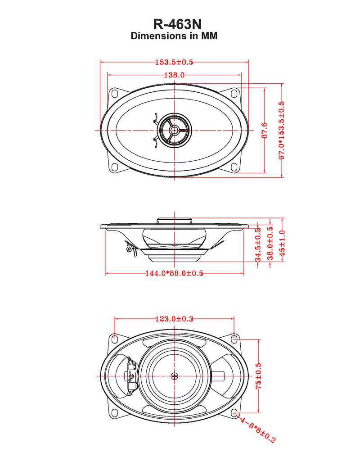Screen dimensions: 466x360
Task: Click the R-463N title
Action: [x=174, y=24]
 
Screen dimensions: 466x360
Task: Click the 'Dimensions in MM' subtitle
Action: [x=174, y=36]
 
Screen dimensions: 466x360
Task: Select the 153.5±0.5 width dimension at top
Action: [x=174, y=63]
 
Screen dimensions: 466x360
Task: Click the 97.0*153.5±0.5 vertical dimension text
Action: [x=282, y=130]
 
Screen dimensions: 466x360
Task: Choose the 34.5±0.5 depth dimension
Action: [x=258, y=245]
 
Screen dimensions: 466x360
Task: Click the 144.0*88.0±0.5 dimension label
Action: [x=174, y=273]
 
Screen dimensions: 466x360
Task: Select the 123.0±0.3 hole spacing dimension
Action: [x=174, y=319]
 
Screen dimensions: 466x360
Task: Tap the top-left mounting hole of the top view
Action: [x=114, y=94]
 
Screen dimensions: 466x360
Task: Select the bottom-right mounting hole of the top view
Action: [x=234, y=167]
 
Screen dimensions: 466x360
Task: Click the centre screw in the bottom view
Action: [x=175, y=376]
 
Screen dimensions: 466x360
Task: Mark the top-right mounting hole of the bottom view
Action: [x=234, y=338]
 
